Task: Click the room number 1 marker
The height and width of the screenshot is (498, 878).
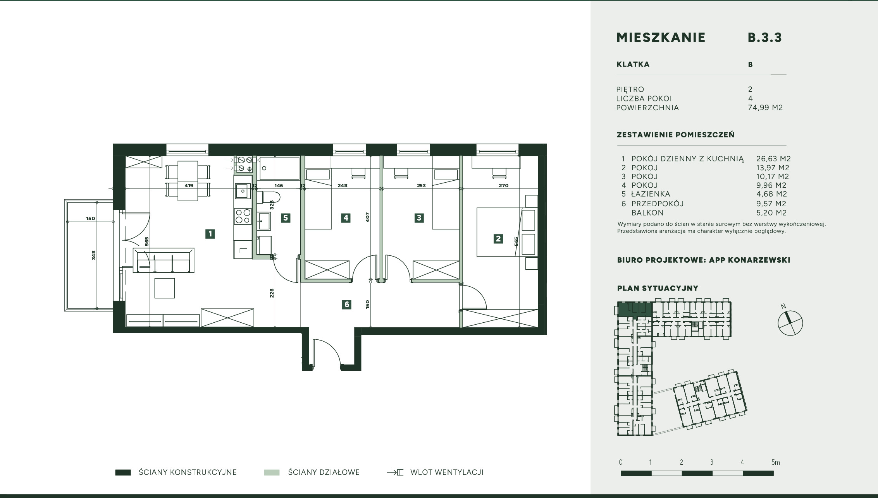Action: click(210, 234)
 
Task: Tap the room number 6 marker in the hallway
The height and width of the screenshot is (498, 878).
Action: click(347, 305)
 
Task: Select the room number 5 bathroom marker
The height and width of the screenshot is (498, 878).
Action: click(286, 218)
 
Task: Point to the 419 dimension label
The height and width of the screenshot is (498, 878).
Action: click(189, 186)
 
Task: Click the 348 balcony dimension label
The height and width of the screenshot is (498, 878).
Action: click(93, 255)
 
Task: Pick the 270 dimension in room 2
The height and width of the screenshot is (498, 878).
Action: click(503, 186)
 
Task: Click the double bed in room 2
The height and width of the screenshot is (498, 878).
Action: click(507, 232)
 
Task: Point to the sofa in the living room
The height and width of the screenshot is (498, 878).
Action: click(164, 260)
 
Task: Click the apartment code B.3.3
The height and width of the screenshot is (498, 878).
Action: click(765, 38)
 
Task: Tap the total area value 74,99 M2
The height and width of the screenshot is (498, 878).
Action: click(765, 108)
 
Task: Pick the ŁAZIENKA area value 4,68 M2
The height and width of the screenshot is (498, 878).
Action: click(771, 194)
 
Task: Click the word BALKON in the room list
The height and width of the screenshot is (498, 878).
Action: click(647, 212)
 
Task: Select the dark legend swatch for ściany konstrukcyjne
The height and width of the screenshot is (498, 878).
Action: click(123, 472)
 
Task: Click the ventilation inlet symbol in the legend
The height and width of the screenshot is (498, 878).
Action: click(395, 472)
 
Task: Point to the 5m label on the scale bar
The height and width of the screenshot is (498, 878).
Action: click(775, 462)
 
